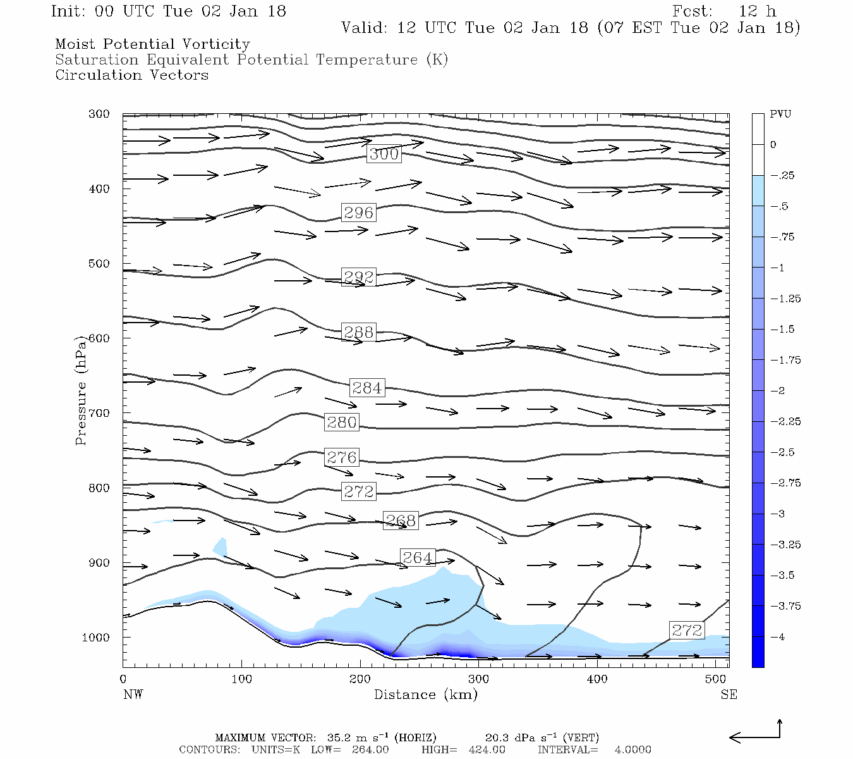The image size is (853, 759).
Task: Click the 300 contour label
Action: pyautogui.click(x=384, y=154)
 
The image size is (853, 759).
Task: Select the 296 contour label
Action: pyautogui.click(x=358, y=213)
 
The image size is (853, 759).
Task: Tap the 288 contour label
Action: pyautogui.click(x=358, y=332)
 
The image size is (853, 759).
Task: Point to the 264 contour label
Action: pyautogui.click(x=417, y=557)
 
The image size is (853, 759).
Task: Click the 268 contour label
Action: pyautogui.click(x=401, y=521)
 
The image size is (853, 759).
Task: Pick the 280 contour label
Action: pyautogui.click(x=342, y=423)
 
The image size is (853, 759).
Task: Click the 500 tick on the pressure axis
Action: pyautogui.click(x=99, y=264)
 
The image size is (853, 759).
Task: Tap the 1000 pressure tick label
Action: pyautogui.click(x=96, y=638)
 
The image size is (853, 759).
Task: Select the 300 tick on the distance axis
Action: pyautogui.click(x=478, y=679)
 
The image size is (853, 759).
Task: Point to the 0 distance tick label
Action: pyautogui.click(x=123, y=679)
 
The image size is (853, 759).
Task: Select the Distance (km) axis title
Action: pyautogui.click(x=425, y=694)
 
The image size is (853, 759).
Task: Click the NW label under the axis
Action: pyautogui.click(x=133, y=694)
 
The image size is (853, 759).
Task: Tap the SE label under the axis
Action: pyautogui.click(x=729, y=694)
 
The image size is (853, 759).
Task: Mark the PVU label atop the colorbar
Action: pyautogui.click(x=780, y=114)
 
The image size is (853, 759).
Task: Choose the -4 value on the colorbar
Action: pyautogui.click(x=777, y=637)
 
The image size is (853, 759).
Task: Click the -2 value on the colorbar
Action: pyautogui.click(x=777, y=391)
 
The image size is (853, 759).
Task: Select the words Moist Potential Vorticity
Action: pyautogui.click(x=152, y=44)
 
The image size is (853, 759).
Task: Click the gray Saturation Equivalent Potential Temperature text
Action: pyautogui.click(x=251, y=60)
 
